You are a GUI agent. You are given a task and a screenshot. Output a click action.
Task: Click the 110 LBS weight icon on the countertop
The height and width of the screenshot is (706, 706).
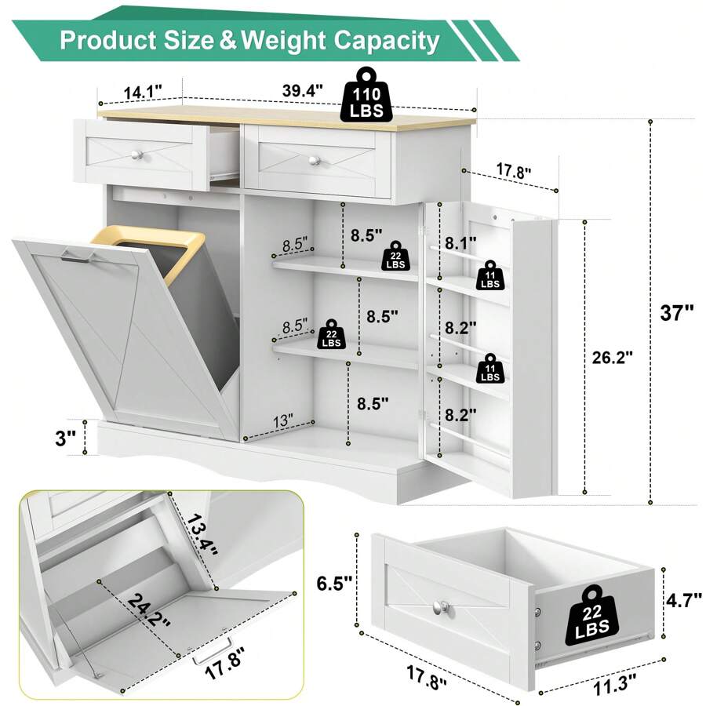pos(366,95)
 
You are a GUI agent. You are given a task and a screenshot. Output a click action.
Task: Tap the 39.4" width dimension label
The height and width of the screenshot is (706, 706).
pos(303,90)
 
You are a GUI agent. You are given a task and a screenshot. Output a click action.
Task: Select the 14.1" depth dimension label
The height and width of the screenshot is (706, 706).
pos(142,93)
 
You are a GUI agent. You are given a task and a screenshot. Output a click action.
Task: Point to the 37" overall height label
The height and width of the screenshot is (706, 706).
pos(677,312)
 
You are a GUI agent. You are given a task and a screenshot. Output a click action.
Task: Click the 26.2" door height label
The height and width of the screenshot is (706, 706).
pos(613,358)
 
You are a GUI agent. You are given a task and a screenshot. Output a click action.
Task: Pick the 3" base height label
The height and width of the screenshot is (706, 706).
pos(65,438)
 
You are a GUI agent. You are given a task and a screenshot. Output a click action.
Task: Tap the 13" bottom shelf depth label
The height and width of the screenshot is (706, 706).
pos(282,421)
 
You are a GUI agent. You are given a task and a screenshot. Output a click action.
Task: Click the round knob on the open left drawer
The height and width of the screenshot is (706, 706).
pos(136,155)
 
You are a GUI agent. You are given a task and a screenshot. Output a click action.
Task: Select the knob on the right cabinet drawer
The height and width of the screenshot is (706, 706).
pos(315,160)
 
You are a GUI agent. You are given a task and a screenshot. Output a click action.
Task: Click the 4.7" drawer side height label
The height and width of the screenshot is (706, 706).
pos(683,600)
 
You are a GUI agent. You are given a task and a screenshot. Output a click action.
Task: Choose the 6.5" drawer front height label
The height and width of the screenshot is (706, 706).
pos(334,583)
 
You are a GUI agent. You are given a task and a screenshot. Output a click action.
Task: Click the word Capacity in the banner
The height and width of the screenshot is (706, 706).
pos(386,41)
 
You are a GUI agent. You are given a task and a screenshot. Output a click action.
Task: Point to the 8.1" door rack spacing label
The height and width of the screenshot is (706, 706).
pos(460,244)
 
